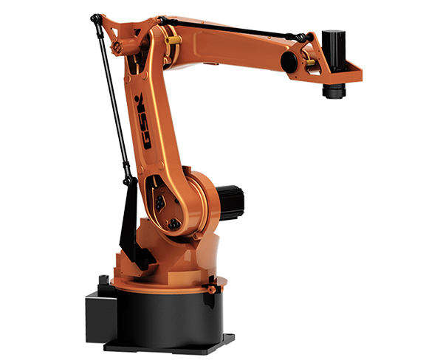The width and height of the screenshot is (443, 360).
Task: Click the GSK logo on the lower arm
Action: pos(142,122)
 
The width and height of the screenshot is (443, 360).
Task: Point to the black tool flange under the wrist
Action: pos(334,91)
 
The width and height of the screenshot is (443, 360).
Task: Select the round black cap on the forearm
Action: pos(289,62)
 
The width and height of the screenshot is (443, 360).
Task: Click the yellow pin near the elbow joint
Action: pos(173,40)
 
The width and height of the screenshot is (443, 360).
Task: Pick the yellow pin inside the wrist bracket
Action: pos(311,62)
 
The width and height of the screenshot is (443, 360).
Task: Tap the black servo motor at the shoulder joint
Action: pos(230,202)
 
